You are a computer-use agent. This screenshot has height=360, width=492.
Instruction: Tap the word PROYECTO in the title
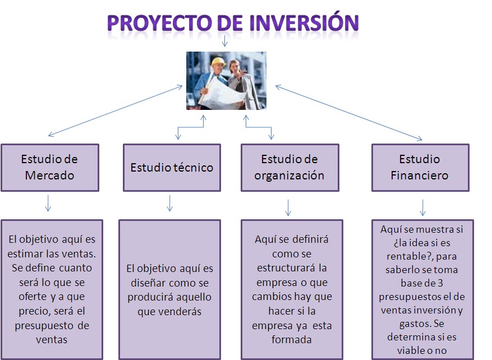(160, 22)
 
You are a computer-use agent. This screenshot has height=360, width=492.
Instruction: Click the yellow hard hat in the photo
(218, 62)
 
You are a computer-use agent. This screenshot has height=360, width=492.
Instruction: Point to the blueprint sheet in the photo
(222, 91)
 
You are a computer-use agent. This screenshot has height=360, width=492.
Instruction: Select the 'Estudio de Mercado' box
(50, 168)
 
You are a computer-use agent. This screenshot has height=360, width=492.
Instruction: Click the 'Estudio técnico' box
(172, 168)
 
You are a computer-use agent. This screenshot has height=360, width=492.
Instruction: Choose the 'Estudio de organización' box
(290, 168)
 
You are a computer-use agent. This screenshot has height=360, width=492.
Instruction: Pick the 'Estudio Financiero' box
(420, 168)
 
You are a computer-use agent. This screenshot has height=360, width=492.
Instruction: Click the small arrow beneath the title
(224, 41)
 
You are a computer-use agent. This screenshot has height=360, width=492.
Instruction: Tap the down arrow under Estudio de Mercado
(48, 203)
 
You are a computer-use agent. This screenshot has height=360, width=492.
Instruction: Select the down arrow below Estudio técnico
(170, 203)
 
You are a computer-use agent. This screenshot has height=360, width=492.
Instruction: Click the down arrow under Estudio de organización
(288, 207)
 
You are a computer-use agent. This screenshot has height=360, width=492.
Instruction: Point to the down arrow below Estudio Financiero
(422, 207)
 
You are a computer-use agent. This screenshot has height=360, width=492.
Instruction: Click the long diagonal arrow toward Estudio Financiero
(348, 113)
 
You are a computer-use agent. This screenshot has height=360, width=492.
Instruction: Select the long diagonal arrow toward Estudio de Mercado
(115, 110)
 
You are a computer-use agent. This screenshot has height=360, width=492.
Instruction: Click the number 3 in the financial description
(440, 283)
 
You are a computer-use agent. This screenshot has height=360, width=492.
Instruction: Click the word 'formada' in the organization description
(292, 340)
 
